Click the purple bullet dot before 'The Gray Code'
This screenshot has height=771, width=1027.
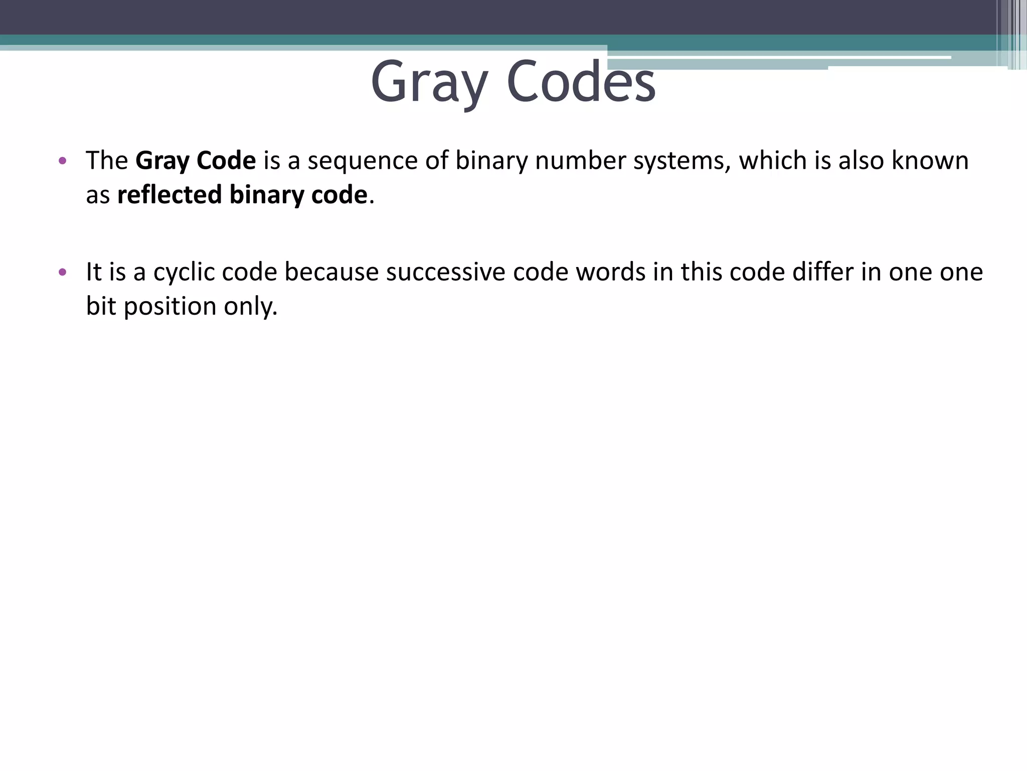pos(62,161)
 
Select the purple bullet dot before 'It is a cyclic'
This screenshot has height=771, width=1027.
pos(62,273)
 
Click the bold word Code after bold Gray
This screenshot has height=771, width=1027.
pos(226,161)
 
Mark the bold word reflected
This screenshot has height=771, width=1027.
pos(169,195)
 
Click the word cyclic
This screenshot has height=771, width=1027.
pos(184,273)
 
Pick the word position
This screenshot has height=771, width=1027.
pos(169,306)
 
